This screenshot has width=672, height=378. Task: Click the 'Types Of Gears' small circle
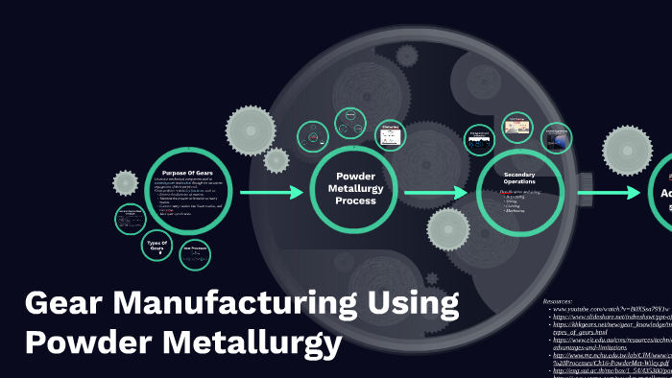click(x=156, y=248)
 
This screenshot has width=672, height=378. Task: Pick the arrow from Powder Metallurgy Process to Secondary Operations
click(x=436, y=193)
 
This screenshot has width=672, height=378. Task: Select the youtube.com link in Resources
click(x=611, y=310)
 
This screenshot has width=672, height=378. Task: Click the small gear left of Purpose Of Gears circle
click(x=126, y=182)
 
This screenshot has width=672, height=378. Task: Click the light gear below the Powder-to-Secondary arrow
click(x=447, y=230)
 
